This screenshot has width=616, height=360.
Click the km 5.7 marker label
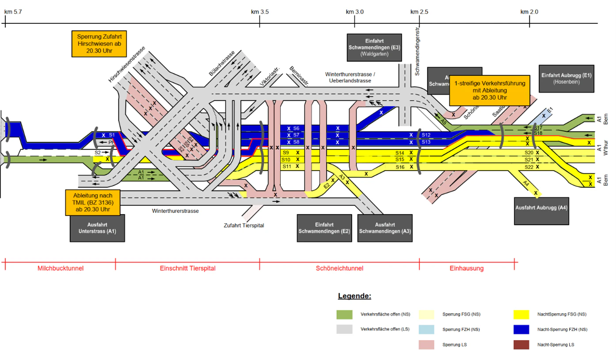[13, 12]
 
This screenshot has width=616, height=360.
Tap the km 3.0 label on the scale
[355, 12]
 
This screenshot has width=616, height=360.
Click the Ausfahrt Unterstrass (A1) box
[97, 228]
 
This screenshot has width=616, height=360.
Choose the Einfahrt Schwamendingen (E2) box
[324, 228]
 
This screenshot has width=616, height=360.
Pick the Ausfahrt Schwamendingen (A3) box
[385, 228]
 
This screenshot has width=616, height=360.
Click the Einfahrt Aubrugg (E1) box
[566, 79]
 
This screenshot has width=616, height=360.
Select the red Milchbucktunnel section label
[61, 268]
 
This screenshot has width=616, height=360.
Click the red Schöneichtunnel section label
[339, 268]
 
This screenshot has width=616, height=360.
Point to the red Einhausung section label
[467, 268]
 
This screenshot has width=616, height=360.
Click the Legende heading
[354, 296]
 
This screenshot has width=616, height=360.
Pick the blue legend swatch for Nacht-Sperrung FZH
[521, 329]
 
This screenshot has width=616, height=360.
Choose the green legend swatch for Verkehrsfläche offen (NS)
[345, 315]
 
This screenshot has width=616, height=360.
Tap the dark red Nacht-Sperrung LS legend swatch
[521, 345]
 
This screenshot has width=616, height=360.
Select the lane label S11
[286, 167]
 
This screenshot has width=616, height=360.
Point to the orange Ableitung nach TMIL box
[93, 203]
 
